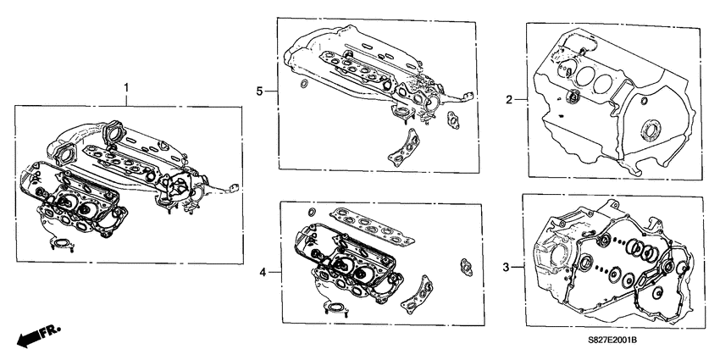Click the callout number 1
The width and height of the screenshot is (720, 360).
pyautogui.click(x=126, y=87)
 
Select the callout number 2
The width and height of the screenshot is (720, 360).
pyautogui.click(x=508, y=101)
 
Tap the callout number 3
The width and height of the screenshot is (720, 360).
pyautogui.click(x=506, y=268)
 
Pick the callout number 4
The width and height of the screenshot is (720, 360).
pyautogui.click(x=263, y=272)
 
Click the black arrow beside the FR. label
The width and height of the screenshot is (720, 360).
pyautogui.click(x=29, y=338)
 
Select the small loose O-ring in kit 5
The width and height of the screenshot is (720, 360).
pyautogui.click(x=303, y=84)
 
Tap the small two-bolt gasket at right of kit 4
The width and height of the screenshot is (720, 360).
pyautogui.click(x=465, y=264)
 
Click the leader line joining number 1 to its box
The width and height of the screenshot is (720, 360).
pyautogui.click(x=126, y=99)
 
